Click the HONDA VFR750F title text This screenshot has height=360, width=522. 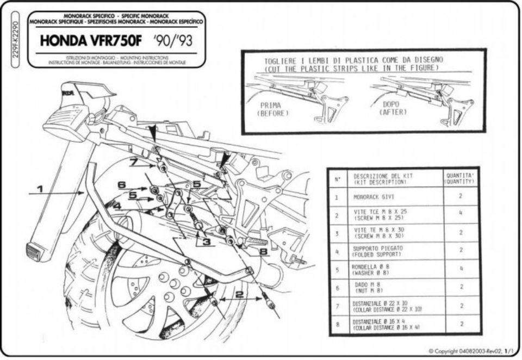pyautogui.click(x=93, y=41)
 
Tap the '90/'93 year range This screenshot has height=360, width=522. pyautogui.click(x=172, y=41)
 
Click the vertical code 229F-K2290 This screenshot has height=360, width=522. pyautogui.click(x=15, y=44)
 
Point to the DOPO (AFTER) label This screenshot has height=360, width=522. pyautogui.click(x=390, y=107)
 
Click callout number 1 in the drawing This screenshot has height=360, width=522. pyautogui.click(x=39, y=189)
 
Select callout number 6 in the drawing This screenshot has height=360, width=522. pyautogui.click(x=121, y=185)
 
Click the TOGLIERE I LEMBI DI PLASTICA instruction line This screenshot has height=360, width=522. pyautogui.click(x=353, y=60)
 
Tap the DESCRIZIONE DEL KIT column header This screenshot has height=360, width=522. pyautogui.click(x=381, y=179)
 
